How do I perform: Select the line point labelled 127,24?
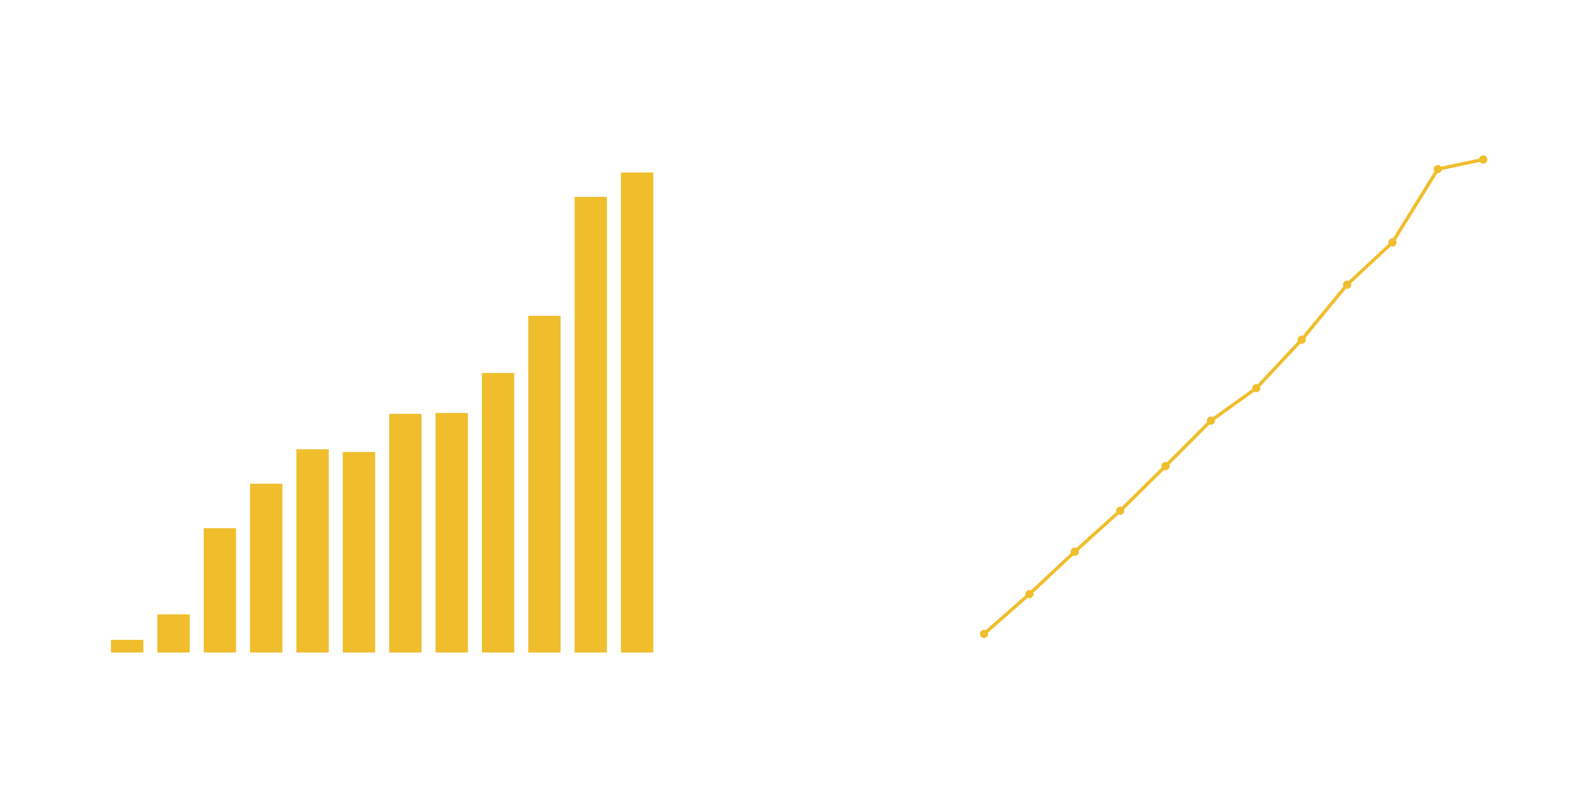click(x=1483, y=159)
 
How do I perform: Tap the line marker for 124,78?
click(x=1437, y=169)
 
